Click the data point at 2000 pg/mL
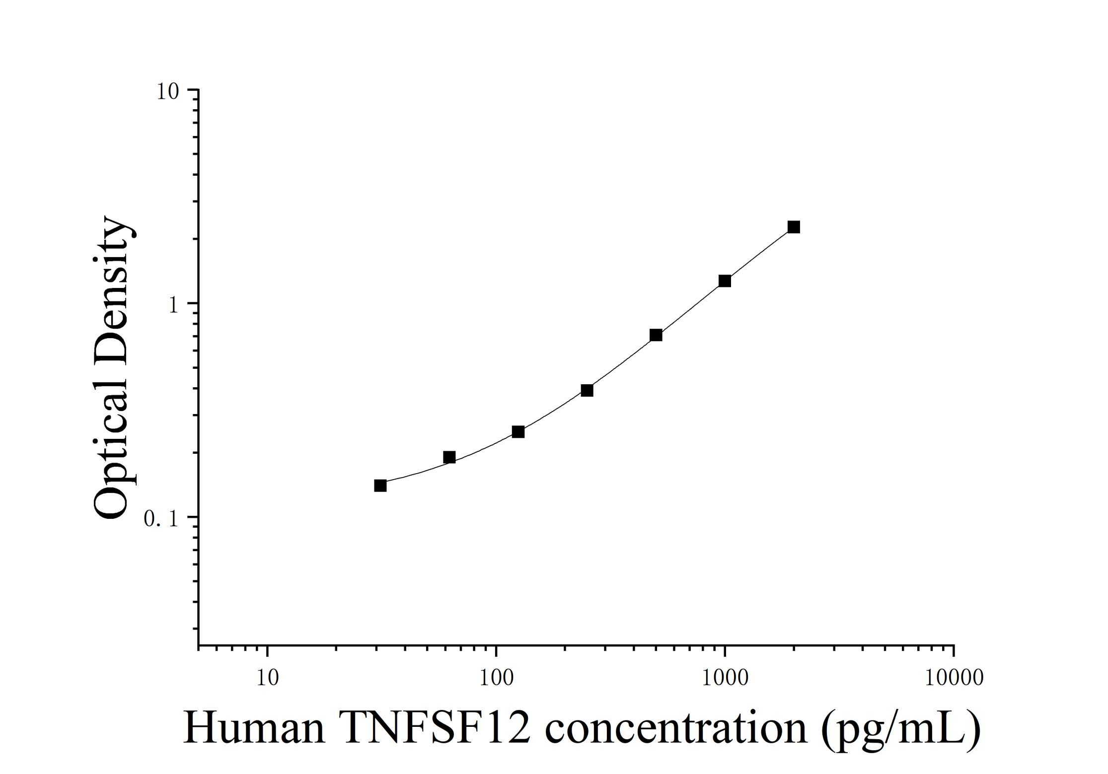[794, 227]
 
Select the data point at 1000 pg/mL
[725, 281]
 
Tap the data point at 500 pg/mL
[656, 335]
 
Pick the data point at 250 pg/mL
[587, 390]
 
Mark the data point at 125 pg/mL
[518, 432]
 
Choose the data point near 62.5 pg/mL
[449, 457]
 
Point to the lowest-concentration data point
[380, 486]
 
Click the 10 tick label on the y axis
[168, 91]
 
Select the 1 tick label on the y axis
[173, 305]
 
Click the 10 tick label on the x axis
[268, 678]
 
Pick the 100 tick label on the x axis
[496, 678]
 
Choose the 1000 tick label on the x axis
[725, 678]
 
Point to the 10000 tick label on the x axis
[954, 678]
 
